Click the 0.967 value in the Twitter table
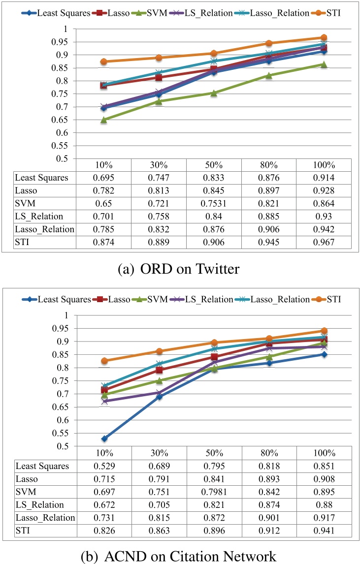pos(324,242)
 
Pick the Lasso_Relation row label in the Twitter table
pos(45,229)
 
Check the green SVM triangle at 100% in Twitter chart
pos(324,64)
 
